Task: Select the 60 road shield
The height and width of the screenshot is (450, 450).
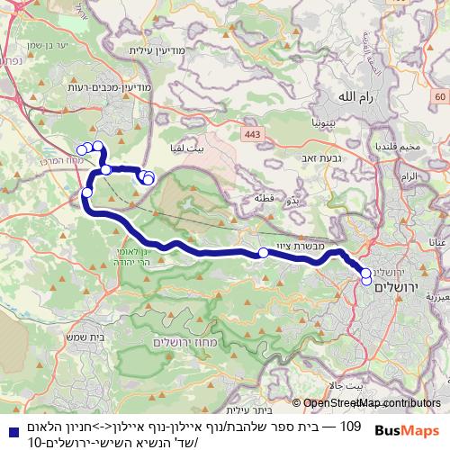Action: click(x=438, y=95)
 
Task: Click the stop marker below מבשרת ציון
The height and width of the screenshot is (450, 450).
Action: click(x=263, y=253)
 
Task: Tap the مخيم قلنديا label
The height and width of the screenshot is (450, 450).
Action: click(x=396, y=147)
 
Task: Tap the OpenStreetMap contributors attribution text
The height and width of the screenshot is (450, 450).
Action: click(x=370, y=403)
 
